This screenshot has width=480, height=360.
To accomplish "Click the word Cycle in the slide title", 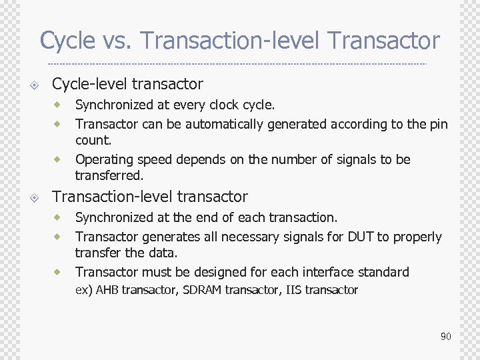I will point(67,41).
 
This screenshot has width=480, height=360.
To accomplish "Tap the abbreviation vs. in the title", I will point(117,41).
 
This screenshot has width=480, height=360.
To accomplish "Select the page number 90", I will point(445,337).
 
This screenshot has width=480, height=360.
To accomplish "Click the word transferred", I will point(109,176).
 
